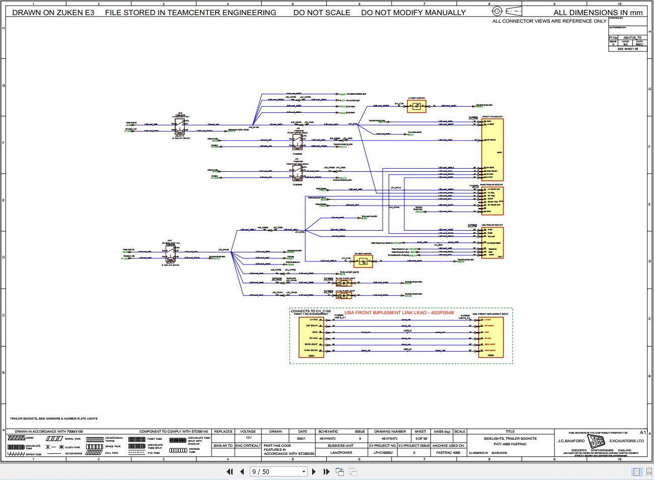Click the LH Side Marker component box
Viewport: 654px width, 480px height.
point(416,106)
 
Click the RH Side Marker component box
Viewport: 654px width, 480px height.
point(363,261)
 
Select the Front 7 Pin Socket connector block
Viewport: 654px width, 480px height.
point(492,149)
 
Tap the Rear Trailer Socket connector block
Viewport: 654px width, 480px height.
point(492,201)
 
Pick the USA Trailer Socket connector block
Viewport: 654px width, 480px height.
point(492,242)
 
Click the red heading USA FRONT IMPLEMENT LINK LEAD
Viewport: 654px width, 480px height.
point(399,313)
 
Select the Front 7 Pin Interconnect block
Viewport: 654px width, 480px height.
point(312,337)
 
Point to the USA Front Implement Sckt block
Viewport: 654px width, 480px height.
point(490,337)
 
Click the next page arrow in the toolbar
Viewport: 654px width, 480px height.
point(314,472)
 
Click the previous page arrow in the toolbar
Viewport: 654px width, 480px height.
point(242,472)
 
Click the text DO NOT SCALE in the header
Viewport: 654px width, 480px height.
point(322,13)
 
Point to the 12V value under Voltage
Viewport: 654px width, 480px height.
point(248,438)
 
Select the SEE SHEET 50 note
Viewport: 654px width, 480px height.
point(627,49)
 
